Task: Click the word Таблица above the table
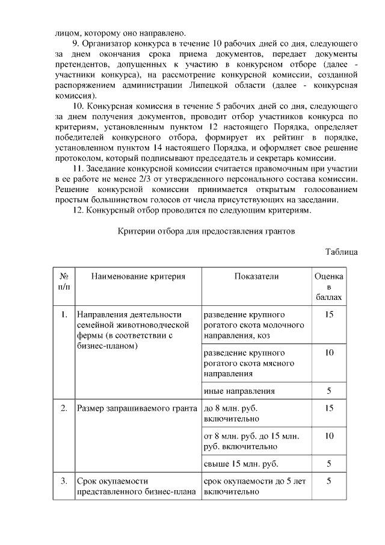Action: [342, 251]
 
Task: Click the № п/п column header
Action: [64, 281]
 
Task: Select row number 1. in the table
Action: [64, 314]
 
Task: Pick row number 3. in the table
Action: [64, 481]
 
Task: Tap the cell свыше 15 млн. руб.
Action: [241, 464]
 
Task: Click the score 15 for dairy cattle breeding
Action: [329, 314]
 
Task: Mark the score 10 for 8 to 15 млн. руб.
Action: [329, 435]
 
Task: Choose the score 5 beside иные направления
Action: [329, 391]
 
